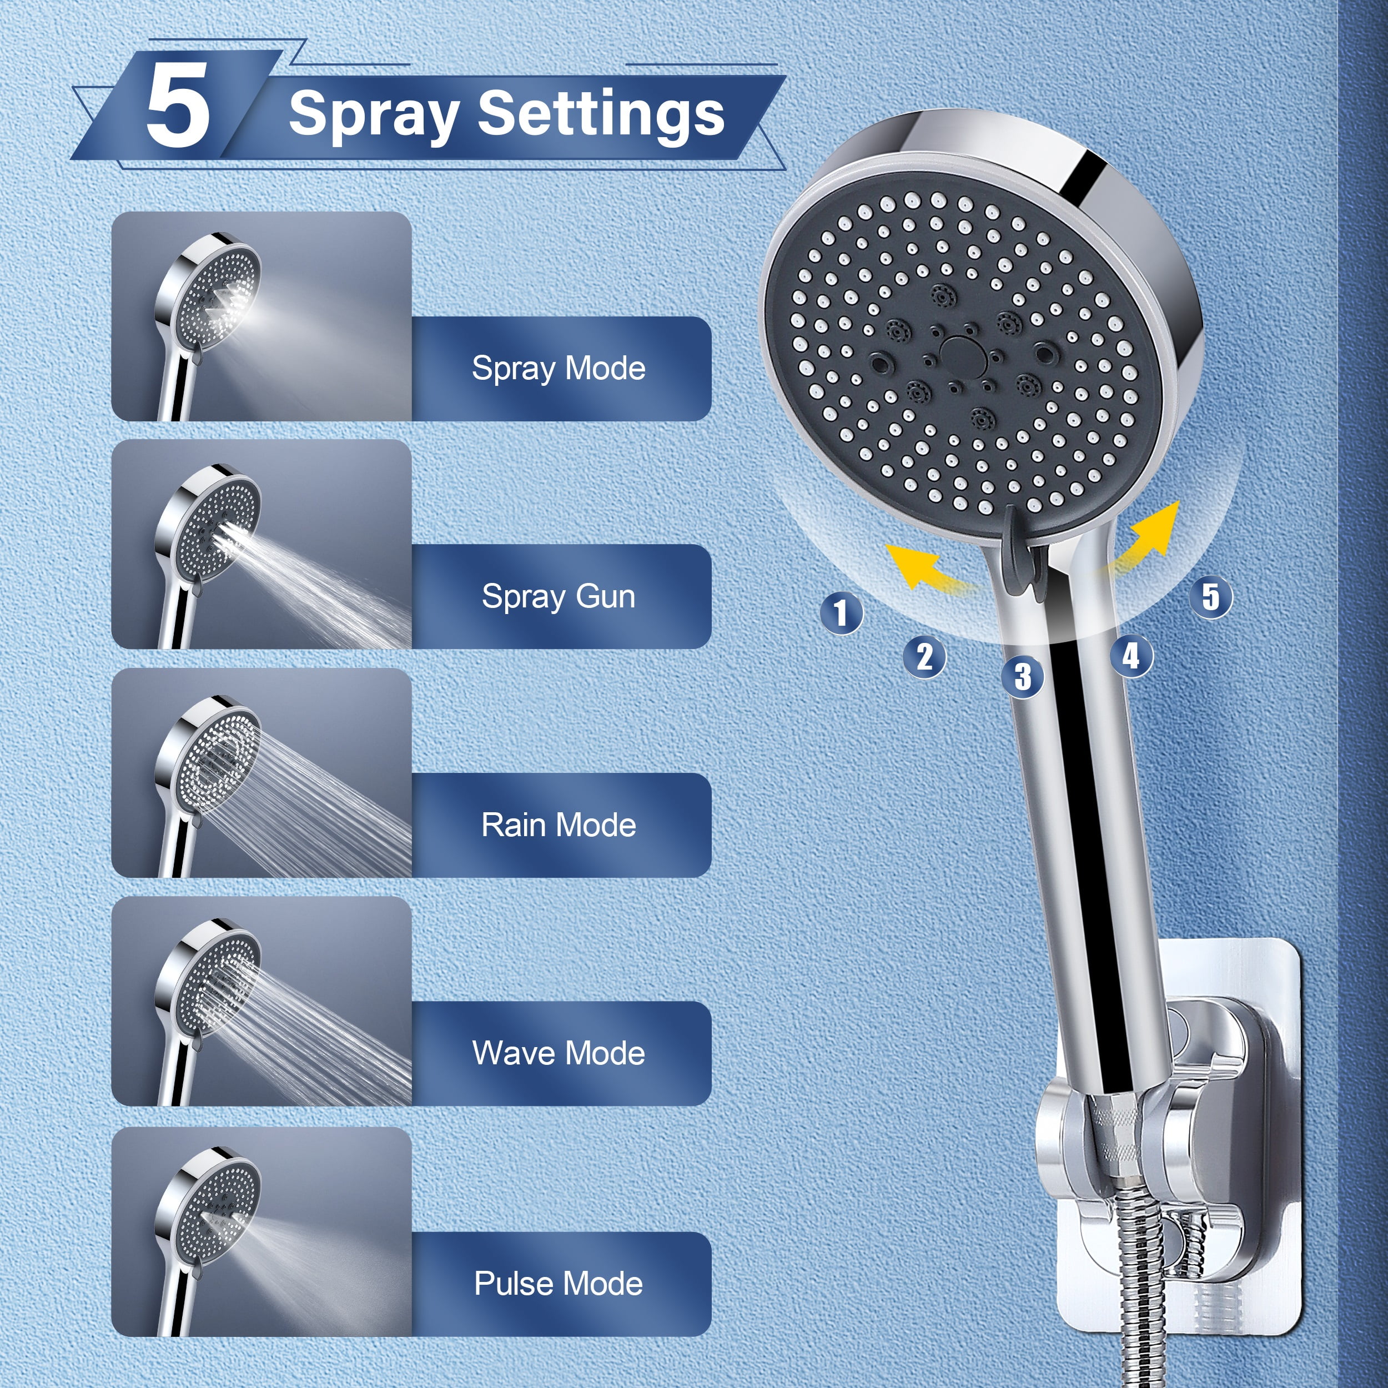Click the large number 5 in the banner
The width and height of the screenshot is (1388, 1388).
[x=178, y=105]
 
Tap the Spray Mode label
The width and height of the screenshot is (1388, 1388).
[x=558, y=369]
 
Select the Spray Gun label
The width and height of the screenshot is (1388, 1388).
[x=558, y=596]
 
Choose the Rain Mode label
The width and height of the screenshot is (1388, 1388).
[x=558, y=825]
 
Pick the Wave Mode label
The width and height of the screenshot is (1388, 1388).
[x=558, y=1053]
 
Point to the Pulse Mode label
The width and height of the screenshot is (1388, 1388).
[x=558, y=1283]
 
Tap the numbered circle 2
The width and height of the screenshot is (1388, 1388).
[x=924, y=656]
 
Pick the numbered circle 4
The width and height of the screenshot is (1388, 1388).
[x=1131, y=655]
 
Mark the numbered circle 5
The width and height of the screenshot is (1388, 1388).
[x=1210, y=596]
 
